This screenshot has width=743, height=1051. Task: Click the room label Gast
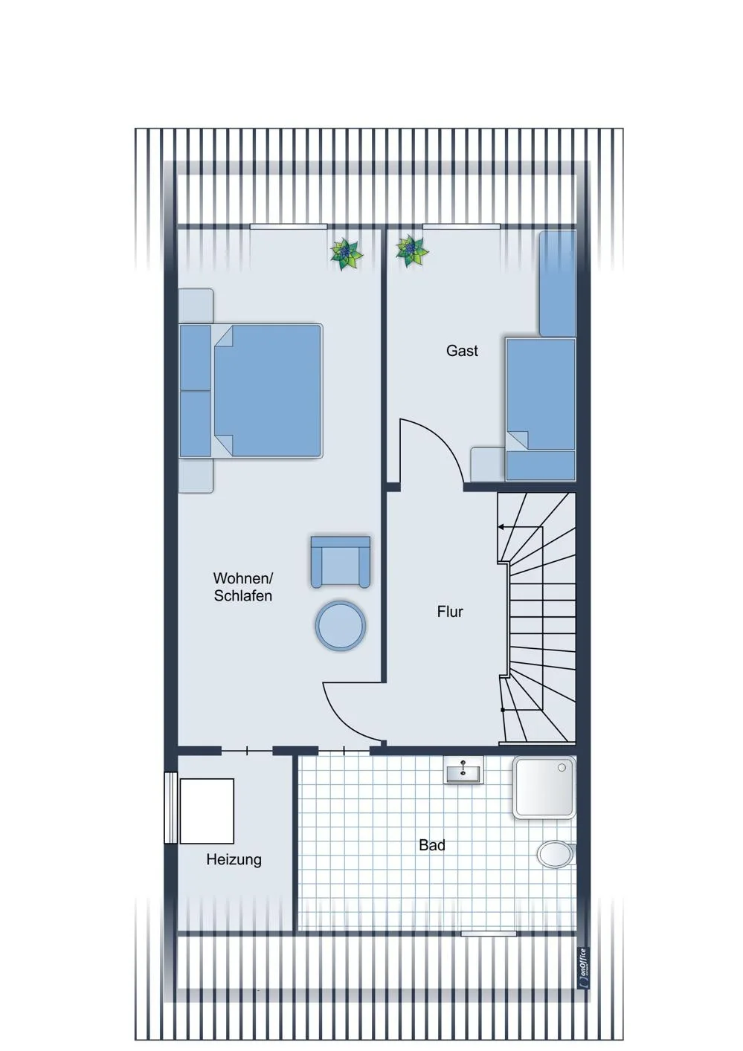[x=461, y=351]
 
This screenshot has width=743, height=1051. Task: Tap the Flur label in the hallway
[x=450, y=612]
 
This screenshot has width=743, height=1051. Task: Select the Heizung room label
[x=234, y=859]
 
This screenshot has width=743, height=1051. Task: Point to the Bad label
[x=432, y=845]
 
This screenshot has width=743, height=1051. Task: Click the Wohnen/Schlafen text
[x=243, y=586]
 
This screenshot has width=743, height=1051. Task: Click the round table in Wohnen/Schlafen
[x=341, y=625]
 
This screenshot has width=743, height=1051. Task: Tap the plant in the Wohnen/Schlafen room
[x=347, y=254]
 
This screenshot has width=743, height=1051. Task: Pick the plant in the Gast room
[x=411, y=250]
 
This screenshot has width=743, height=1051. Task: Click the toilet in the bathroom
[x=556, y=854]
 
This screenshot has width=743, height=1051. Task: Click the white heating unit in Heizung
[x=207, y=811]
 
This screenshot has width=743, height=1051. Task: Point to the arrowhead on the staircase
[x=501, y=527]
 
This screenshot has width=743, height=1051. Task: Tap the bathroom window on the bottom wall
[x=488, y=934]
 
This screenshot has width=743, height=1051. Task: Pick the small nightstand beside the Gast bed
[x=488, y=465]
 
